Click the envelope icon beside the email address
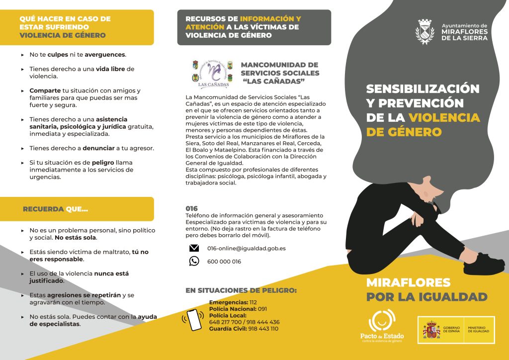(194, 248)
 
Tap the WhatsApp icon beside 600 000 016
(194, 261)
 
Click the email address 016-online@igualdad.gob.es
(239, 248)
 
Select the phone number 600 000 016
(224, 262)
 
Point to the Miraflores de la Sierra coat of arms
(425, 32)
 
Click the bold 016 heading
(191, 208)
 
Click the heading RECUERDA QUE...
(55, 209)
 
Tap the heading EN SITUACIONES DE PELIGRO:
(241, 290)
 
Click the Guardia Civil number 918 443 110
(263, 329)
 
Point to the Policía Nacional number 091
(262, 309)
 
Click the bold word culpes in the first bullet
(58, 55)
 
